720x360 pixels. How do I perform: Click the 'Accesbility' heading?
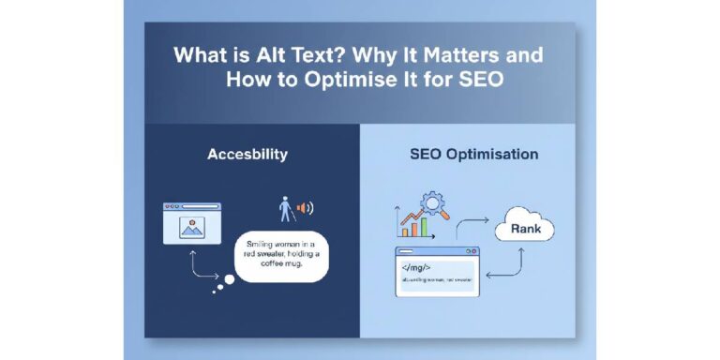(x=247, y=154)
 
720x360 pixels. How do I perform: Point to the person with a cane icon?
(x=285, y=208)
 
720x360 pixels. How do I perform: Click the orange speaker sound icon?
(x=304, y=208)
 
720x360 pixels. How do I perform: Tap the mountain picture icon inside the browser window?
(x=192, y=226)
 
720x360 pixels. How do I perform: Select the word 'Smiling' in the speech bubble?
(x=252, y=243)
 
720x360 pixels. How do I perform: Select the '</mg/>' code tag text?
(x=414, y=266)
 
